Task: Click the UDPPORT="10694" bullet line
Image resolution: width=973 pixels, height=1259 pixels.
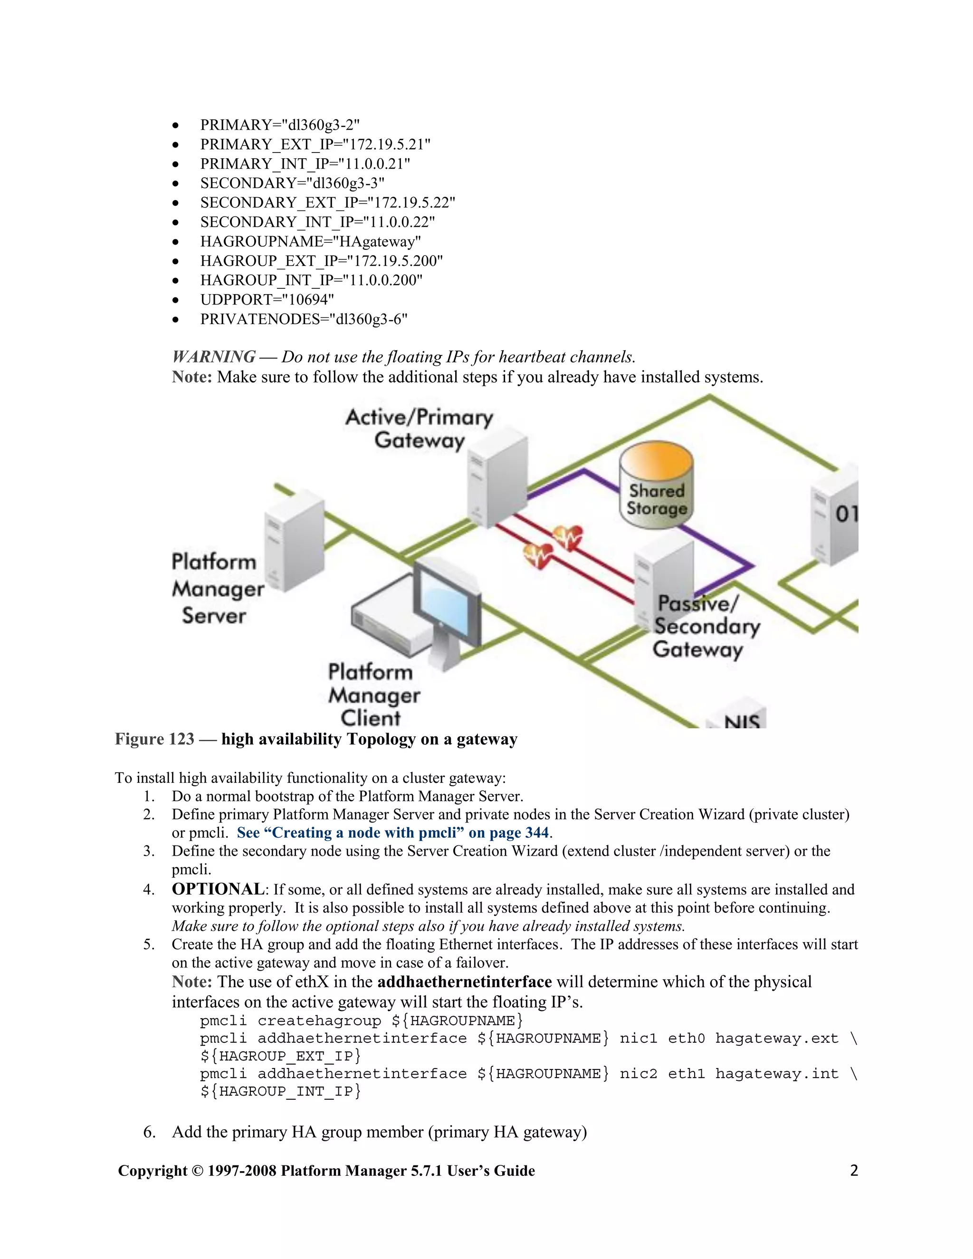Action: [x=267, y=300]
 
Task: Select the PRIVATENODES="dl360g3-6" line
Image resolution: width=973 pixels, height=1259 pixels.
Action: [x=304, y=319]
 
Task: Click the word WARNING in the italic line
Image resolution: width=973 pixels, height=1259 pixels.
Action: [x=214, y=357]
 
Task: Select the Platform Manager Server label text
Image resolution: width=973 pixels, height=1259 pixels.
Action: [x=217, y=589]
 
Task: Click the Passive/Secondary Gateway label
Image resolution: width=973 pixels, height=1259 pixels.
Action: [x=706, y=627]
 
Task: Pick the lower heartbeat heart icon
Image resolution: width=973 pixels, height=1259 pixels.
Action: [x=537, y=554]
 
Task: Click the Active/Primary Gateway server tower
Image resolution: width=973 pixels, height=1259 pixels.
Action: [x=497, y=481]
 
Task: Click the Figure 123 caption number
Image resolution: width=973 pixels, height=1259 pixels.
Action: [x=154, y=739]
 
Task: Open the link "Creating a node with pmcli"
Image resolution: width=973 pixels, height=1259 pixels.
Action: [x=392, y=833]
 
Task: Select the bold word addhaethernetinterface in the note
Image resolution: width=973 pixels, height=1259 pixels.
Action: [x=465, y=982]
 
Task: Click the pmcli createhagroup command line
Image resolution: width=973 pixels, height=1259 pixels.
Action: [x=362, y=1021]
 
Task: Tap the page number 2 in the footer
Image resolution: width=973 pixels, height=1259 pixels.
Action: [x=854, y=1170]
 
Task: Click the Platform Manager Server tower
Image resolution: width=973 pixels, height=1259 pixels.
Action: [x=295, y=542]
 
